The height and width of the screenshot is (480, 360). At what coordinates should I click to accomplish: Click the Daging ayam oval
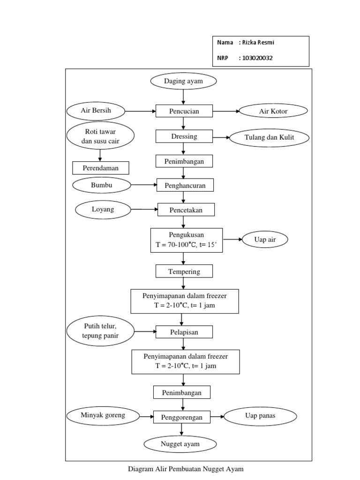pos(184,82)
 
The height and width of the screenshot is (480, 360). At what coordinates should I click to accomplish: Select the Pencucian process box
pos(184,111)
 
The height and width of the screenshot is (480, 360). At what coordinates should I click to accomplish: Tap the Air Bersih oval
pos(96,111)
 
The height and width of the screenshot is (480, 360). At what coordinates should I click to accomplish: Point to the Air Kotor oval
pos(273,111)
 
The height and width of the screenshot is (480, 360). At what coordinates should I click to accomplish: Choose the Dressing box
pos(184,136)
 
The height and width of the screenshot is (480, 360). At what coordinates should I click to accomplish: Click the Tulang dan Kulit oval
pos(269,137)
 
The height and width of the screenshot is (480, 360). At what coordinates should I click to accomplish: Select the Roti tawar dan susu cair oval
pos(100,136)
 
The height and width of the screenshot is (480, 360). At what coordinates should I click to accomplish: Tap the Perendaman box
pos(100,167)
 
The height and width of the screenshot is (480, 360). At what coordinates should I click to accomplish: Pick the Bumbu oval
pos(102,185)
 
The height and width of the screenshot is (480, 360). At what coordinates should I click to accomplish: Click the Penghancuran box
pos(185,186)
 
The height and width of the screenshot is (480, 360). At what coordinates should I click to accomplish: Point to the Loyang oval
pos(103,210)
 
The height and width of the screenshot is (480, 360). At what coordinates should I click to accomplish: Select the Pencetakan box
pos(186,210)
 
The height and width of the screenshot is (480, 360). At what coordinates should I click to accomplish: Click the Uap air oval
pos(265,240)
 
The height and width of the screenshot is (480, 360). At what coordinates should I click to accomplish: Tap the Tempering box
pos(184,271)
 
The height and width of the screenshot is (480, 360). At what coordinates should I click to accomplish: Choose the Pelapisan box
pos(184,332)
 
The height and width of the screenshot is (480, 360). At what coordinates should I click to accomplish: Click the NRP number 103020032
pos(256,58)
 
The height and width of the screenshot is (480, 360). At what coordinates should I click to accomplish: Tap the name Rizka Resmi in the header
pos(258,42)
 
